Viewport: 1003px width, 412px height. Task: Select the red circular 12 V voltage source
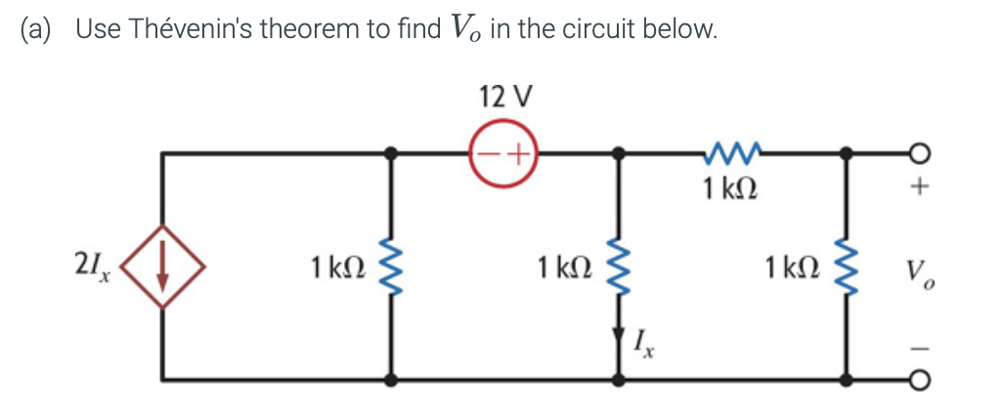(x=501, y=153)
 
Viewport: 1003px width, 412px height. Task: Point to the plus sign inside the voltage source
(x=515, y=154)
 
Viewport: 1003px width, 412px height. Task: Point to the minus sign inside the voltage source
(x=487, y=154)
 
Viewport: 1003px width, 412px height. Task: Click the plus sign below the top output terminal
(x=917, y=189)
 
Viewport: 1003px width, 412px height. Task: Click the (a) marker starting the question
(x=36, y=29)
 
